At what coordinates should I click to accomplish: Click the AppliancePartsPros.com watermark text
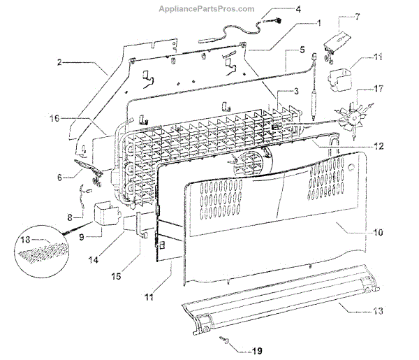pyautogui.click(x=209, y=8)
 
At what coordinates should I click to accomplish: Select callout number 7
pyautogui.click(x=358, y=16)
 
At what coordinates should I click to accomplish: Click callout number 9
pyautogui.click(x=81, y=236)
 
